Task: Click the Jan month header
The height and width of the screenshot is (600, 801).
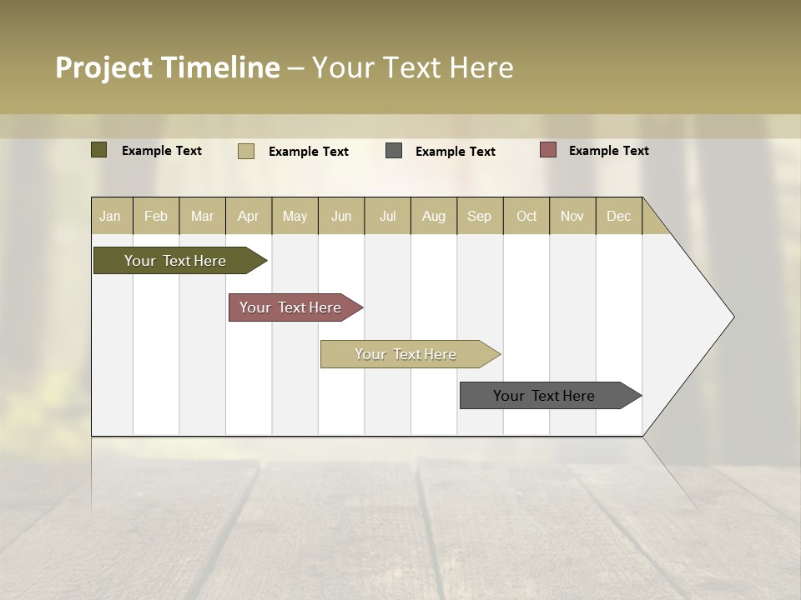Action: pos(111,216)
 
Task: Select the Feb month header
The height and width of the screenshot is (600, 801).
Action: pos(156,216)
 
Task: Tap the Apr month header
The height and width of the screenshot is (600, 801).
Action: pos(249,216)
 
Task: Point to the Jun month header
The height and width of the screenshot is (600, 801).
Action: pos(341,216)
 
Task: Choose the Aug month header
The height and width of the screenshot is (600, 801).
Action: pos(434,216)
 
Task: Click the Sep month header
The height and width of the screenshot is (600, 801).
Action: pos(480,216)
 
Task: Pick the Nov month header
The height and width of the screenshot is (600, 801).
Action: pos(572,216)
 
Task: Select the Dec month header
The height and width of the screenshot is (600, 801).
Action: pos(619,216)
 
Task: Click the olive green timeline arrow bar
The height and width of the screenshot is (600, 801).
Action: pos(176,261)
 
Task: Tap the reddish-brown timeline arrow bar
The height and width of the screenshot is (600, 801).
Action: pos(291,307)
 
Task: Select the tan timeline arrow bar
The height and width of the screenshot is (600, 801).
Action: pos(406,354)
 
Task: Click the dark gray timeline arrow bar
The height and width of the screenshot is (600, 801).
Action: pos(545,396)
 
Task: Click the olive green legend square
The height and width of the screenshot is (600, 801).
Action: pos(99,150)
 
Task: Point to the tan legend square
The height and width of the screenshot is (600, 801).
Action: pos(246,151)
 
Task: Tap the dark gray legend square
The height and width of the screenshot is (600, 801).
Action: pos(394,151)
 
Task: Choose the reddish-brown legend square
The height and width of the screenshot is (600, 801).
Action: pos(547,150)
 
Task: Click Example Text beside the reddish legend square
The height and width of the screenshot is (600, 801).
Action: pos(608,151)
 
